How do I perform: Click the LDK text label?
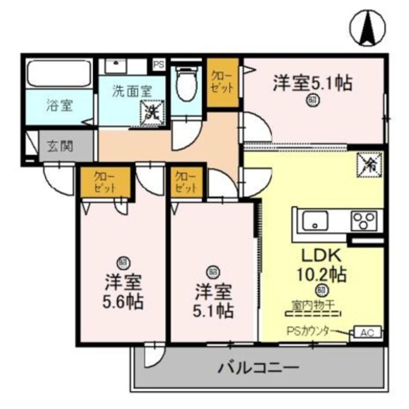click(321, 256)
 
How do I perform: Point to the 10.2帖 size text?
click(322, 274)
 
